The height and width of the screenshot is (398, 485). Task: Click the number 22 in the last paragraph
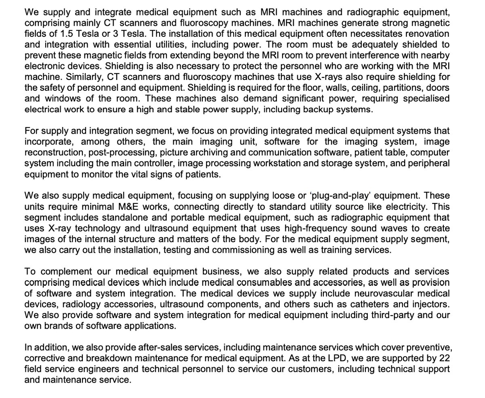click(x=443, y=358)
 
